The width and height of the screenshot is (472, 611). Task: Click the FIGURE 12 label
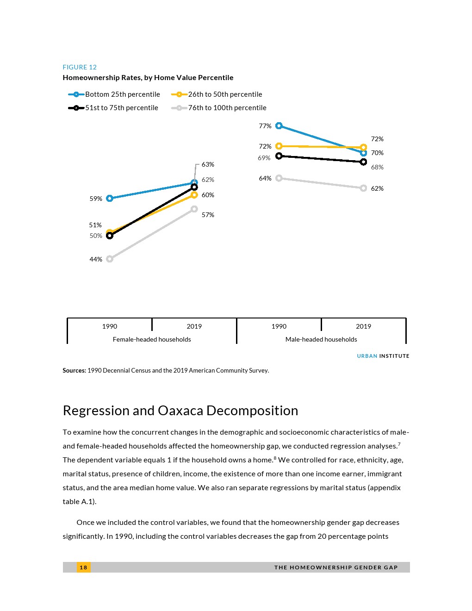(80, 67)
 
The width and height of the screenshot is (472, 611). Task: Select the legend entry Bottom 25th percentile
(122, 94)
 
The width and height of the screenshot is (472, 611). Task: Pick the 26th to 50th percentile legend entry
(225, 94)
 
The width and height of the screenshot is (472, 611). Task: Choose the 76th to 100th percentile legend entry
(227, 108)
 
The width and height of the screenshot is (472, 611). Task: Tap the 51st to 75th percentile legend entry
(121, 108)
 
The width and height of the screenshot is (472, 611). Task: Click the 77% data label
(265, 126)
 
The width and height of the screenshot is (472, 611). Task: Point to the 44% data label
(96, 259)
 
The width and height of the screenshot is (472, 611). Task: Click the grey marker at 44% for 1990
(110, 259)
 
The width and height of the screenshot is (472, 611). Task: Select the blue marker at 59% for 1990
(110, 199)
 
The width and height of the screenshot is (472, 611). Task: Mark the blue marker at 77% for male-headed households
(279, 126)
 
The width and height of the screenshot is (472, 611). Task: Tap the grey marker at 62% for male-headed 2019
(363, 188)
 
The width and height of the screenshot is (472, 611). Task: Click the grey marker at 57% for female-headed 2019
(194, 209)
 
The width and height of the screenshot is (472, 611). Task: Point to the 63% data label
(208, 164)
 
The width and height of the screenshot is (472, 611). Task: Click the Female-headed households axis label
(152, 339)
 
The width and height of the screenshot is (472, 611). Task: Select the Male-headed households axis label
(321, 339)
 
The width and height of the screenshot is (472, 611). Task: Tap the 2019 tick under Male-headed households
(363, 326)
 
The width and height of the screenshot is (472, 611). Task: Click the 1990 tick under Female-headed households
(110, 326)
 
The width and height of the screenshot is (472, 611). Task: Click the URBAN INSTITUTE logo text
(383, 356)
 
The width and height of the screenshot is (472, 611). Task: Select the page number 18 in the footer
(83, 567)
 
